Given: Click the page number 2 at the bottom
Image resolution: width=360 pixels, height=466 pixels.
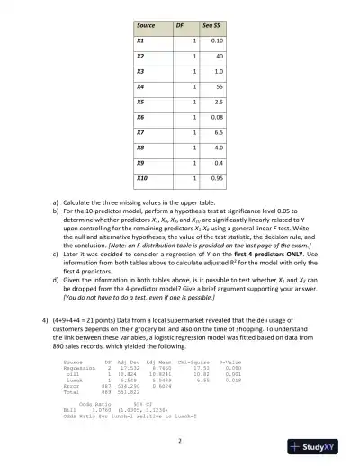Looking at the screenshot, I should (x=180, y=441).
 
